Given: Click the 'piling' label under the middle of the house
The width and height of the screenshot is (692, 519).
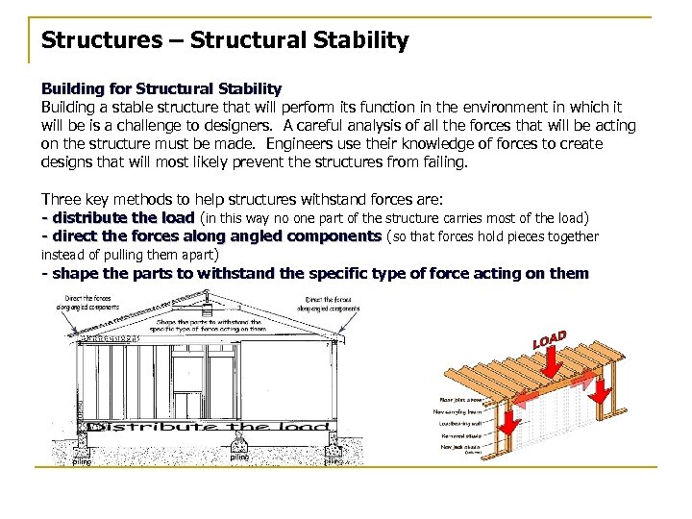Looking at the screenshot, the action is click(239, 458).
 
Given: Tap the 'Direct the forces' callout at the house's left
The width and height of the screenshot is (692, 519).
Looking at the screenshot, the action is click(87, 303).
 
